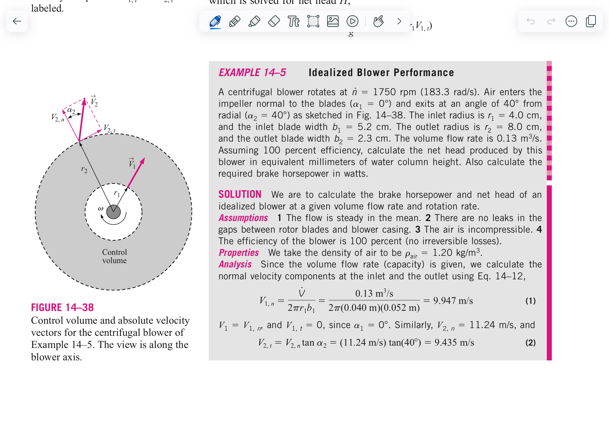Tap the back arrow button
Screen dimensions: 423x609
pyautogui.click(x=17, y=21)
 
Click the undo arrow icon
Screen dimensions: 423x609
pyautogui.click(x=531, y=21)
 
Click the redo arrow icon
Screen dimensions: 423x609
pyautogui.click(x=551, y=21)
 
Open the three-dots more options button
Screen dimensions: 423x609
pyautogui.click(x=571, y=21)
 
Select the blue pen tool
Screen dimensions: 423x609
pyautogui.click(x=215, y=21)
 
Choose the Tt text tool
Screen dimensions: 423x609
pyautogui.click(x=293, y=21)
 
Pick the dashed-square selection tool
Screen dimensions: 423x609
pyautogui.click(x=313, y=21)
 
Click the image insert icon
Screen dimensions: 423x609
pyautogui.click(x=333, y=21)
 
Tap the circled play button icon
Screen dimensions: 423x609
pyautogui.click(x=352, y=21)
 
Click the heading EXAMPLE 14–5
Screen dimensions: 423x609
pyautogui.click(x=252, y=73)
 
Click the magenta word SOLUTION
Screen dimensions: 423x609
pyautogui.click(x=240, y=194)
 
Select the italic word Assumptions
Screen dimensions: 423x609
pyautogui.click(x=243, y=218)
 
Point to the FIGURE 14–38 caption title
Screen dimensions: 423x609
pyautogui.click(x=62, y=307)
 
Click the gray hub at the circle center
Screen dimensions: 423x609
pyautogui.click(x=114, y=212)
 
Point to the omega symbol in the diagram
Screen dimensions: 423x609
pyautogui.click(x=100, y=208)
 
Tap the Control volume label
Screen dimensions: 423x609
pyautogui.click(x=115, y=256)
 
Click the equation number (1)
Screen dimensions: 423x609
pyautogui.click(x=530, y=301)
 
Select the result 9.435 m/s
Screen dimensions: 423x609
pyautogui.click(x=454, y=343)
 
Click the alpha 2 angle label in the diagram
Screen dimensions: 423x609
pyautogui.click(x=71, y=110)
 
